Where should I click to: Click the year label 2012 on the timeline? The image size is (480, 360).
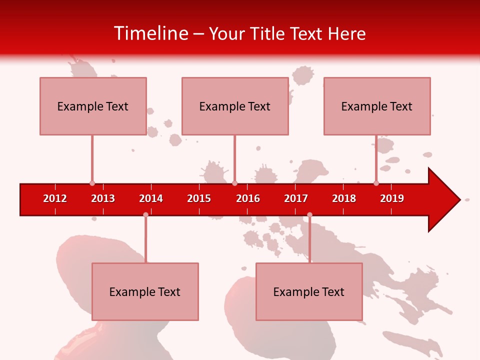click(55, 198)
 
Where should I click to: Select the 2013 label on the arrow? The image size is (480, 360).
click(103, 198)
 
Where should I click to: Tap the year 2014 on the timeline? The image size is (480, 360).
click(151, 198)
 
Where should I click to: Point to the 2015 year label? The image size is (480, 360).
click(199, 198)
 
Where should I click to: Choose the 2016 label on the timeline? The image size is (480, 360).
click(248, 198)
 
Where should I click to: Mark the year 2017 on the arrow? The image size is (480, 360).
click(296, 198)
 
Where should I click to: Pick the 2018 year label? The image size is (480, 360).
click(344, 198)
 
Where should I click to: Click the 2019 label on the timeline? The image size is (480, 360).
click(392, 198)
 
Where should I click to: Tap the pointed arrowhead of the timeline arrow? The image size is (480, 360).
click(447, 199)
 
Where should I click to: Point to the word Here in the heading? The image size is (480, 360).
click(346, 33)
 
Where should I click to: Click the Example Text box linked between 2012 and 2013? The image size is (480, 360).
click(93, 106)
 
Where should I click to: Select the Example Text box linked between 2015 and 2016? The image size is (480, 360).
click(235, 106)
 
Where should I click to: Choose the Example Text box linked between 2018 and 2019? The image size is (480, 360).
click(377, 106)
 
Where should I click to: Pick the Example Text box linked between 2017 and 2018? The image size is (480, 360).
click(309, 291)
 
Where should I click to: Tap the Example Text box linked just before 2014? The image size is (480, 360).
click(145, 291)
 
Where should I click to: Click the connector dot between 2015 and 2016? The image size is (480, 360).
click(235, 183)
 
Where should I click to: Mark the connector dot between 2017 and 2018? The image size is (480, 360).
click(309, 215)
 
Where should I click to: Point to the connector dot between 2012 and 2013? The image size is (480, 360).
click(92, 183)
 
